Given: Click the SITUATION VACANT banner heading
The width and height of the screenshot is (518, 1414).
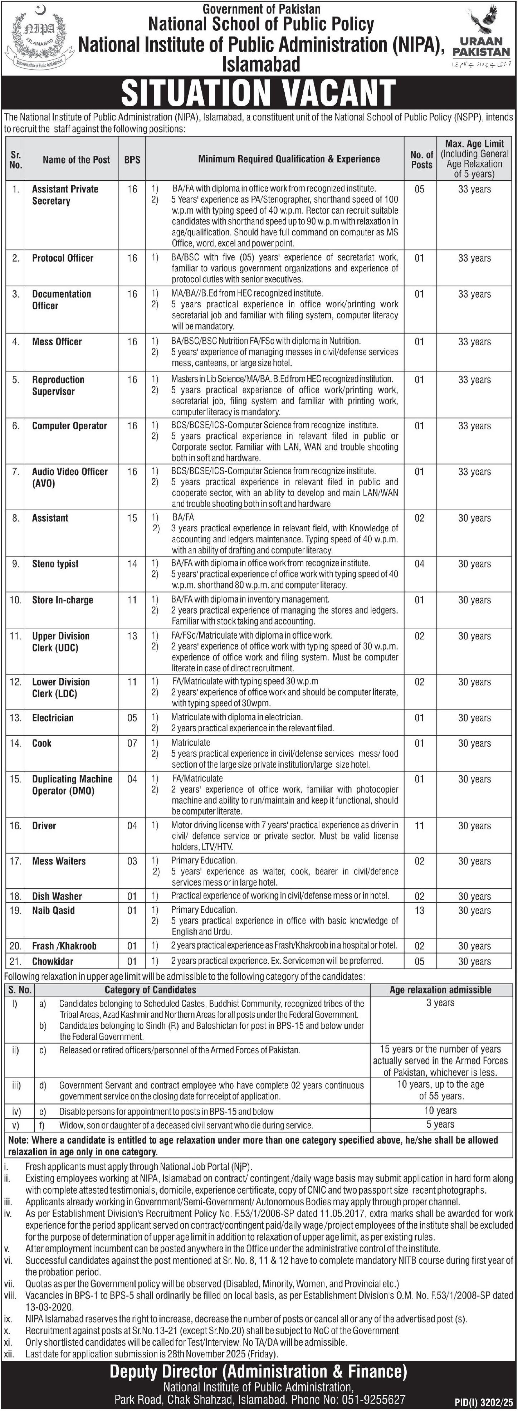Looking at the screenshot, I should click(258, 92).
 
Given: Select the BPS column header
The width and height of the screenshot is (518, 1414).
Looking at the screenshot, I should click(132, 160).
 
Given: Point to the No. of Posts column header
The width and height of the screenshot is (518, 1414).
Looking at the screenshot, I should click(421, 160).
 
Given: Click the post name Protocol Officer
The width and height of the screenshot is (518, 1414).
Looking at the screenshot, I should click(63, 258).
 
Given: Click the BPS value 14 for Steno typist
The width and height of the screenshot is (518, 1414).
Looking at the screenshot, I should click(132, 564).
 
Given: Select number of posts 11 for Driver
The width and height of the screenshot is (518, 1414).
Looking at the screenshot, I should click(420, 825).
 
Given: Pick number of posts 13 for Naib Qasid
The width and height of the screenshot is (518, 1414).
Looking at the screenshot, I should click(420, 910).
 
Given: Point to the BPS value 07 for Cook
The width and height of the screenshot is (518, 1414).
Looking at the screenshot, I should click(132, 743).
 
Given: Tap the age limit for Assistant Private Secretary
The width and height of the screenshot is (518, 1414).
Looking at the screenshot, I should click(475, 189).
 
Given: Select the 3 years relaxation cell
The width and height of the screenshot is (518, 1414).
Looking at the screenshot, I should click(441, 1003).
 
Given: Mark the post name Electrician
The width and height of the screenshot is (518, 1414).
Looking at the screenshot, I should click(52, 718).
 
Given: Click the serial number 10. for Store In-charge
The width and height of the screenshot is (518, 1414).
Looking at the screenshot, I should click(15, 600).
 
